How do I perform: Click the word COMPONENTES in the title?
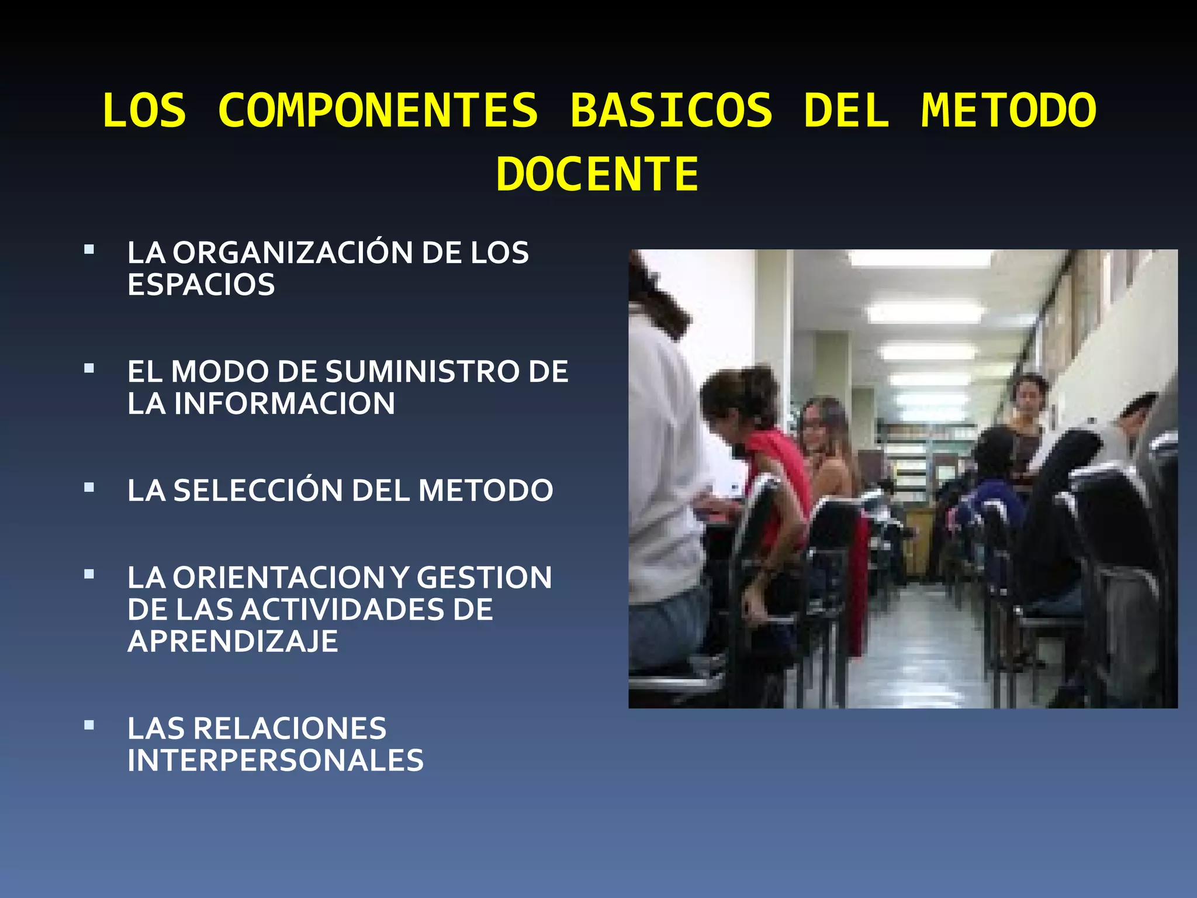[x=378, y=110]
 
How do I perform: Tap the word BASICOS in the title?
[x=671, y=110]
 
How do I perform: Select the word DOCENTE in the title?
[x=597, y=174]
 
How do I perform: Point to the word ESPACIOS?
[x=201, y=285]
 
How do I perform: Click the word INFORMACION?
[x=284, y=404]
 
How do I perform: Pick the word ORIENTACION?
[x=278, y=578]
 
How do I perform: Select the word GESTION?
[x=484, y=578]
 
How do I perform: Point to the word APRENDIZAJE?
[x=233, y=642]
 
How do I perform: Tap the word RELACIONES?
[x=290, y=728]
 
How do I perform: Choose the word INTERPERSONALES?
[x=275, y=761]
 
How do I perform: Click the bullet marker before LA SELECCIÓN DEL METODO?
[x=89, y=487]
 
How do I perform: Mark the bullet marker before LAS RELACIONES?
[x=89, y=726]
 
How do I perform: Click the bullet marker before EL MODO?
[x=89, y=368]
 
